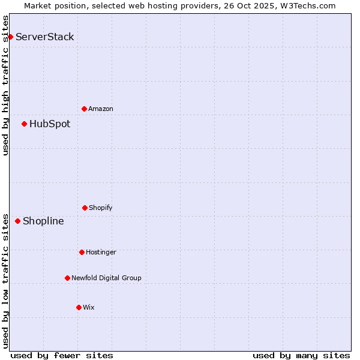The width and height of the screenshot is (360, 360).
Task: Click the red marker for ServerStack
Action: click(x=10, y=37)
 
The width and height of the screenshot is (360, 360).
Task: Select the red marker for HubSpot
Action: click(x=24, y=124)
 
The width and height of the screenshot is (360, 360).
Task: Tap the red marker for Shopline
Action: click(x=17, y=221)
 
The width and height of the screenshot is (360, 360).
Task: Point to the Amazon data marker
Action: click(x=84, y=109)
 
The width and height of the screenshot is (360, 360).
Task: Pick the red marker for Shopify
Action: click(x=85, y=208)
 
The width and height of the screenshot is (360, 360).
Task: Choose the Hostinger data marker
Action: click(x=82, y=252)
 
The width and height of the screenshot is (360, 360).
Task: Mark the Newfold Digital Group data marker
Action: click(x=67, y=278)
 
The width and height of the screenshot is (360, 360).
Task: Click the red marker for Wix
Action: click(x=79, y=307)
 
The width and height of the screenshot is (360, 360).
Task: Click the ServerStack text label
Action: click(x=45, y=37)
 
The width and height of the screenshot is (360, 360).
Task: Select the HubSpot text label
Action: click(x=50, y=124)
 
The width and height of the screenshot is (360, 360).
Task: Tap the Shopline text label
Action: click(x=43, y=221)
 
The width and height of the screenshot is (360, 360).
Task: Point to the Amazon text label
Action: click(x=101, y=109)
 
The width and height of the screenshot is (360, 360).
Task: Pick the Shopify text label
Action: click(x=101, y=208)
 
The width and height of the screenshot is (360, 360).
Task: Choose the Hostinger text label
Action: click(x=101, y=252)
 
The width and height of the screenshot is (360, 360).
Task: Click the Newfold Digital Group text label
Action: click(x=106, y=278)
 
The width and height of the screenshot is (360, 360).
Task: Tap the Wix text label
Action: click(x=89, y=307)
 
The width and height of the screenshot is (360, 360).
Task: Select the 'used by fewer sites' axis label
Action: click(x=62, y=355)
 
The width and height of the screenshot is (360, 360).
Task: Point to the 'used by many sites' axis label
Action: click(x=301, y=355)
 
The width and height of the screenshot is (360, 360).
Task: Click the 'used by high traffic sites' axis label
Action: click(x=6, y=85)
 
